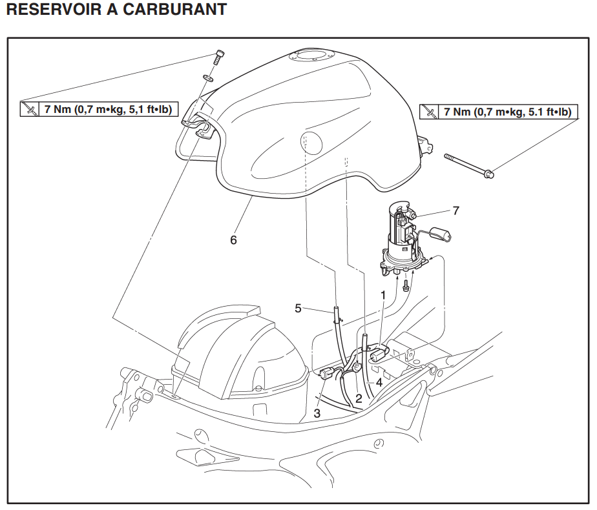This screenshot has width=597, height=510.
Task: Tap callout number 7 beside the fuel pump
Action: [456, 210]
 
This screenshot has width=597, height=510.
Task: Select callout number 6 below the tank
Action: [233, 240]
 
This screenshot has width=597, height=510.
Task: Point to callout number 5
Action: [298, 308]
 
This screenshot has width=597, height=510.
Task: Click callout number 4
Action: [379, 382]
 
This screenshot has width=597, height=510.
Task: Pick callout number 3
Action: [317, 412]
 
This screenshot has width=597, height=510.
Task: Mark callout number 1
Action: [383, 294]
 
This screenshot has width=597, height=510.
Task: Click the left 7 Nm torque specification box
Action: [98, 109]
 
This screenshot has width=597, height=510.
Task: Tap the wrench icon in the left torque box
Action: [30, 109]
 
